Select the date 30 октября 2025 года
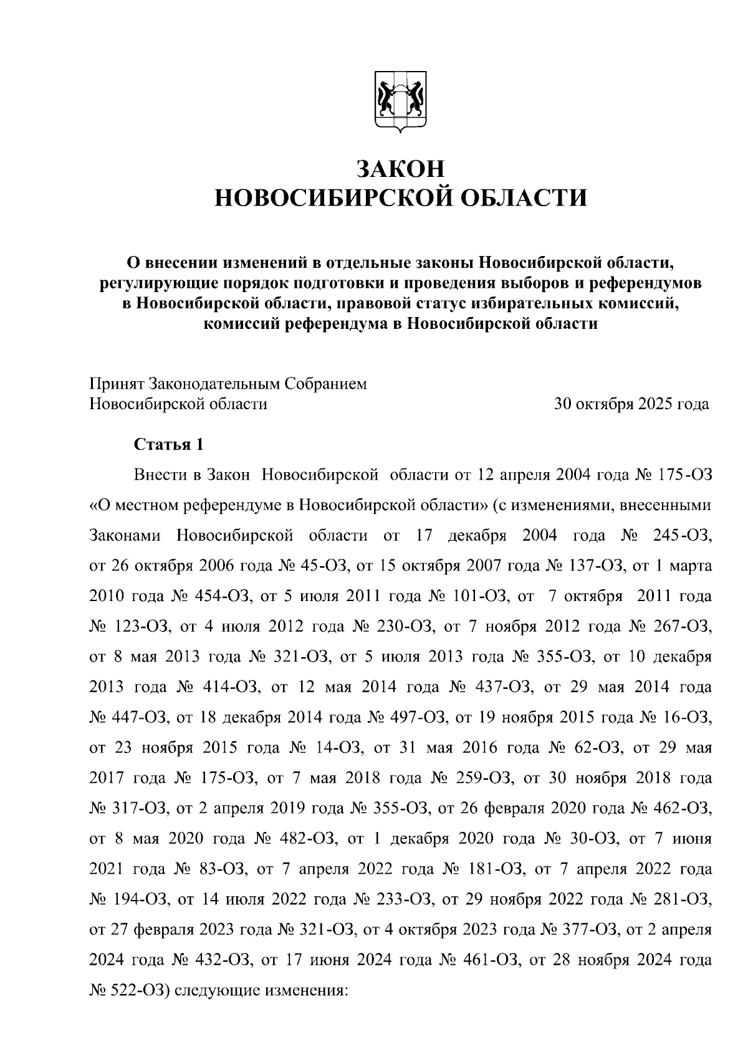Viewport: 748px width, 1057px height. click(631, 404)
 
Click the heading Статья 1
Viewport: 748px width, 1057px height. click(169, 445)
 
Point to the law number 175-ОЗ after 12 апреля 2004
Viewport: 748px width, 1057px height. click(684, 475)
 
